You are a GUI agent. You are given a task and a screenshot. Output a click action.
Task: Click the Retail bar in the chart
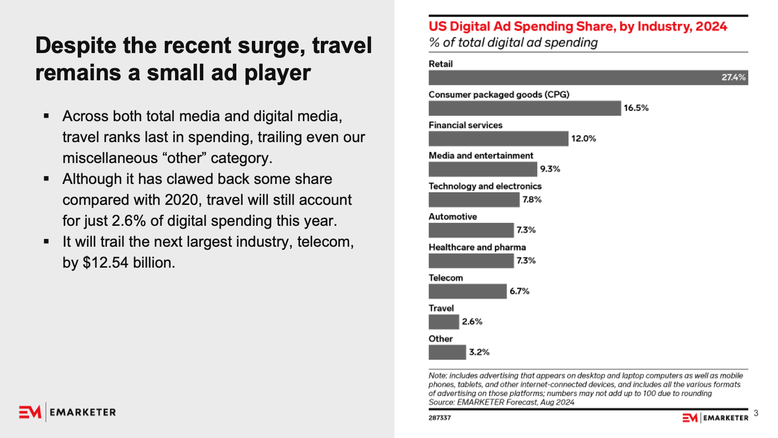tap(574, 78)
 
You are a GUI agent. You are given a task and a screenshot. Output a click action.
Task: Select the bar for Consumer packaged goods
tap(525, 108)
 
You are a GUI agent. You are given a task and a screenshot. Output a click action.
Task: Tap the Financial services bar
tap(498, 139)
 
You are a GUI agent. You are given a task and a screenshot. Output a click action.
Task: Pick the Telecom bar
tap(467, 291)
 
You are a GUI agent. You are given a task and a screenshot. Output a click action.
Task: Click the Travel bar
tap(443, 322)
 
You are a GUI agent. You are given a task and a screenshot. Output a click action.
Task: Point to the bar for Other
tap(447, 352)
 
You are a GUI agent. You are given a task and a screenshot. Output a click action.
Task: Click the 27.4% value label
tap(733, 77)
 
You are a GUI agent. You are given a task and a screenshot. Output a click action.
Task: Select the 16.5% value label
tap(636, 108)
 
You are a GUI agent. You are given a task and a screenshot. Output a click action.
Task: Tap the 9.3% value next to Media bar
tap(550, 169)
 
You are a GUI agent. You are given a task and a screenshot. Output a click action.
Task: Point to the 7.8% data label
tap(532, 200)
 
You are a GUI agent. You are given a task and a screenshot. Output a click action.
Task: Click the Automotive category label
tap(453, 217)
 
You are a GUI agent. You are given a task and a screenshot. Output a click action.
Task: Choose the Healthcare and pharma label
tap(477, 247)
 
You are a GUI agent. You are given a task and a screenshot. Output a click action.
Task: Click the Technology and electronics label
tap(485, 186)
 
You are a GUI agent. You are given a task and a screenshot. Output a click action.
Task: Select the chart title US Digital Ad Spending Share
tap(578, 26)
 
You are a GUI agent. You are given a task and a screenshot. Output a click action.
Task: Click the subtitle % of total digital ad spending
tap(513, 43)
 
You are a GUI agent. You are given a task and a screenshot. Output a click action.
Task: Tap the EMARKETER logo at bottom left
tap(68, 412)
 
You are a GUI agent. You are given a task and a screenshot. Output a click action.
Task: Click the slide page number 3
tap(756, 413)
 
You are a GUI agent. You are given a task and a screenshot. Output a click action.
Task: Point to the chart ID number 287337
tap(440, 418)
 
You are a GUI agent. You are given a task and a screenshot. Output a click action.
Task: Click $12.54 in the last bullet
tap(106, 263)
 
